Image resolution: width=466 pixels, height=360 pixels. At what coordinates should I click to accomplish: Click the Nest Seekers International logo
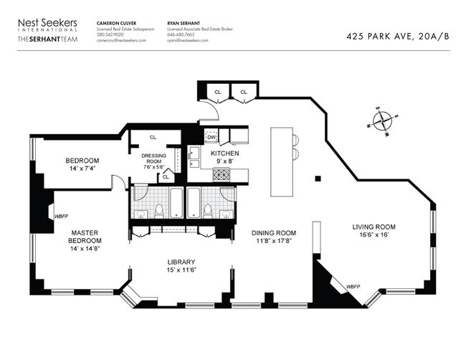point(47,26)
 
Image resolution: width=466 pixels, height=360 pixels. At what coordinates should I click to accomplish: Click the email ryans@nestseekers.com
point(187,40)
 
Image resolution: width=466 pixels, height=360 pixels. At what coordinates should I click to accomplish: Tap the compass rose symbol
point(384,121)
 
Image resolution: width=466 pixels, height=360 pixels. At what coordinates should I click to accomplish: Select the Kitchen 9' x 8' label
point(225,158)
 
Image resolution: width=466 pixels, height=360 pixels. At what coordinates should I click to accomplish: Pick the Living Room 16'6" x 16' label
point(374,232)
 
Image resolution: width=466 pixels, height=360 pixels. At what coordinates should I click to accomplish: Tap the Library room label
point(181,265)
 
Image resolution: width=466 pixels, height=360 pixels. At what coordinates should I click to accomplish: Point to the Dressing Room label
point(153,159)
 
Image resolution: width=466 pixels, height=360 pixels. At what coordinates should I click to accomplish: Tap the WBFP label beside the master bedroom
point(61,214)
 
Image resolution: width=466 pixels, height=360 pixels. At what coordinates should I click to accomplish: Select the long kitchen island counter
point(282,164)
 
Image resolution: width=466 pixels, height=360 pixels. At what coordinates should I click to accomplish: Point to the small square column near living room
point(318,177)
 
